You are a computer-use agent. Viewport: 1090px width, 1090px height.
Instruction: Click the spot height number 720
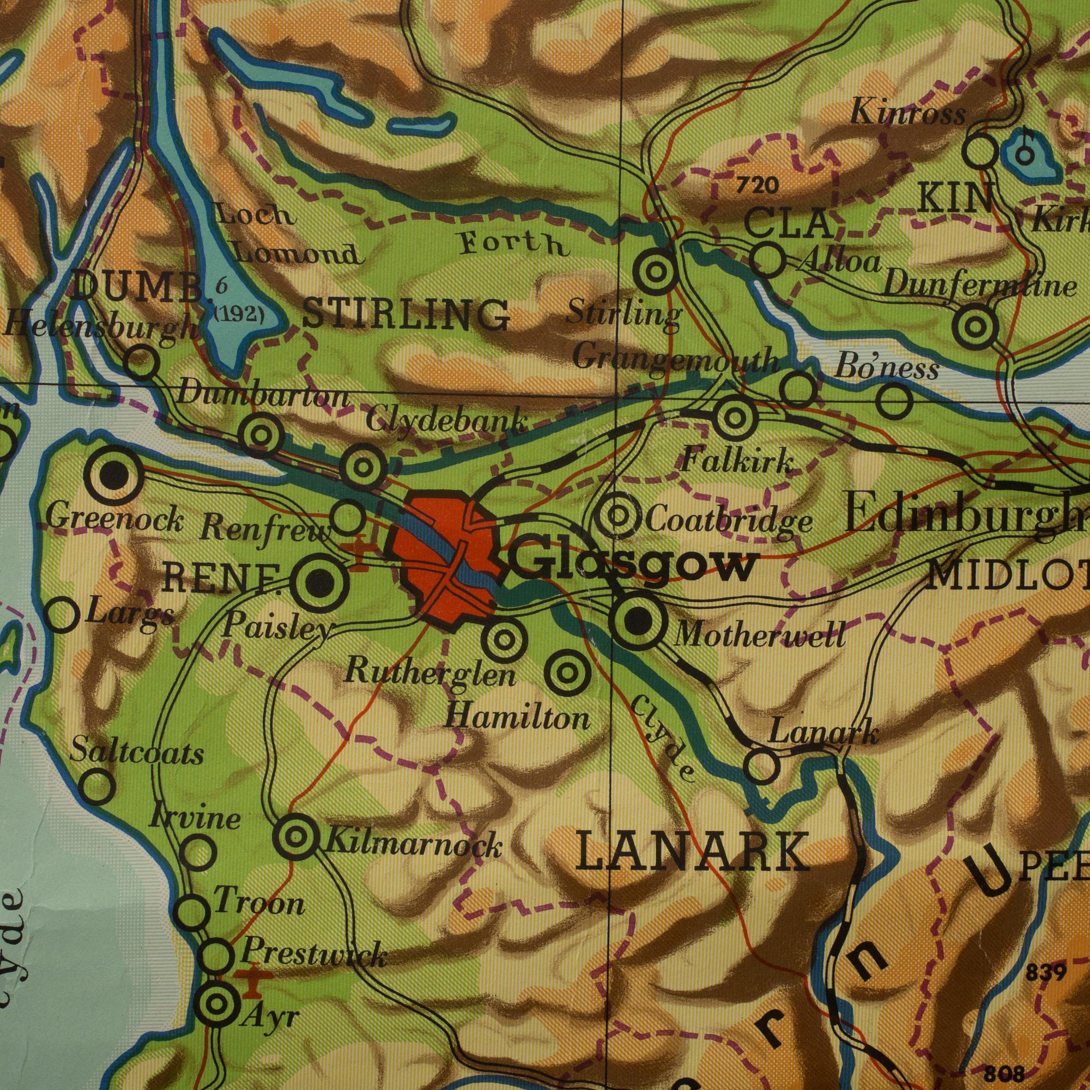click(757, 185)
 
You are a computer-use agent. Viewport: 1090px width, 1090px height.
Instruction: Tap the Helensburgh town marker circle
click(141, 362)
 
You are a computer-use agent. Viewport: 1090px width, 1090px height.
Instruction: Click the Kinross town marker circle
click(982, 150)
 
